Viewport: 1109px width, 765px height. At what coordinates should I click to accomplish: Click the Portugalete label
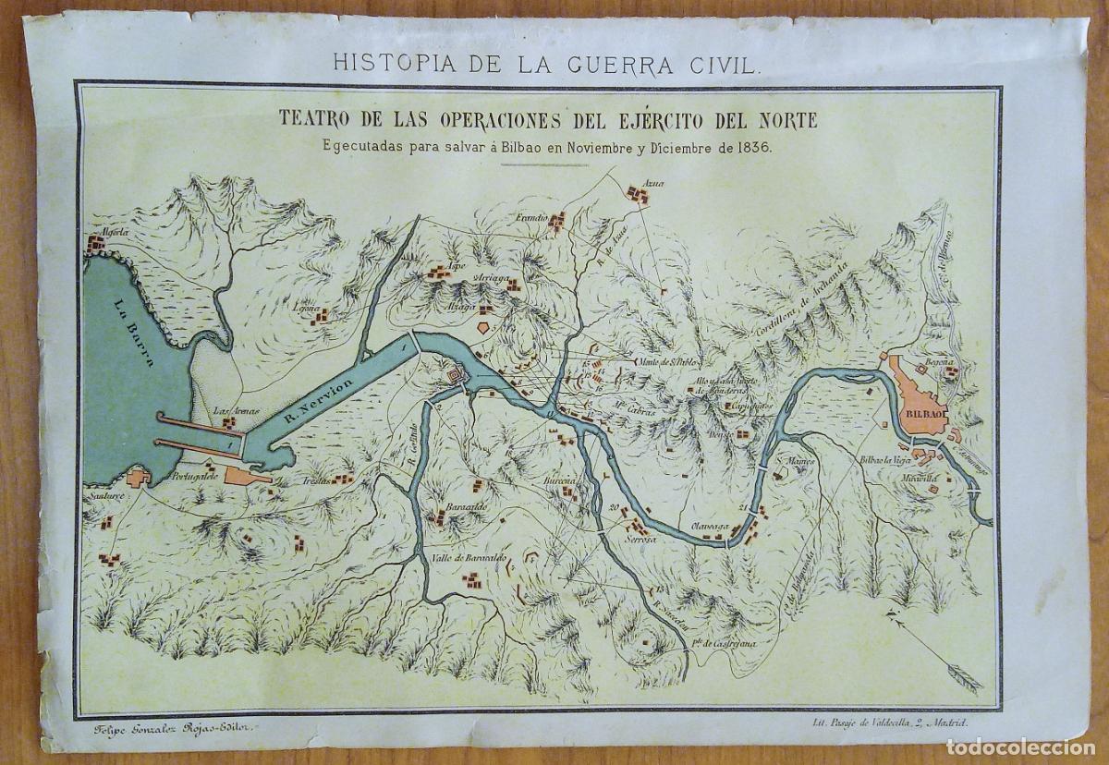pos(195,480)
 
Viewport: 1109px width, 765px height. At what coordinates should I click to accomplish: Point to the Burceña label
pos(560,481)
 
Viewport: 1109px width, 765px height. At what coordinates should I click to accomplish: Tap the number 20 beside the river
pos(614,508)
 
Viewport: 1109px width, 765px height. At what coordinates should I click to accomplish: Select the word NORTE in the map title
pos(781,119)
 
